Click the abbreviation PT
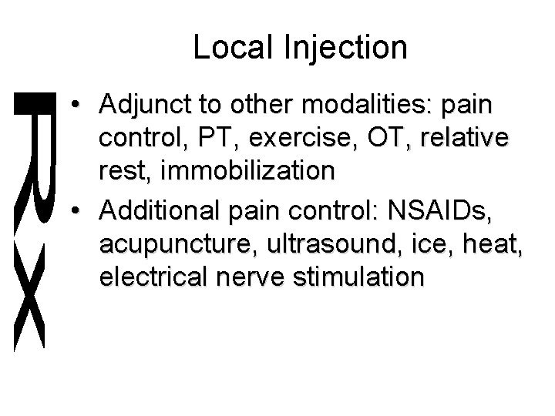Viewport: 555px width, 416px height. (x=213, y=139)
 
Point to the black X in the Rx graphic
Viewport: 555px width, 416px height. (x=30, y=297)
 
